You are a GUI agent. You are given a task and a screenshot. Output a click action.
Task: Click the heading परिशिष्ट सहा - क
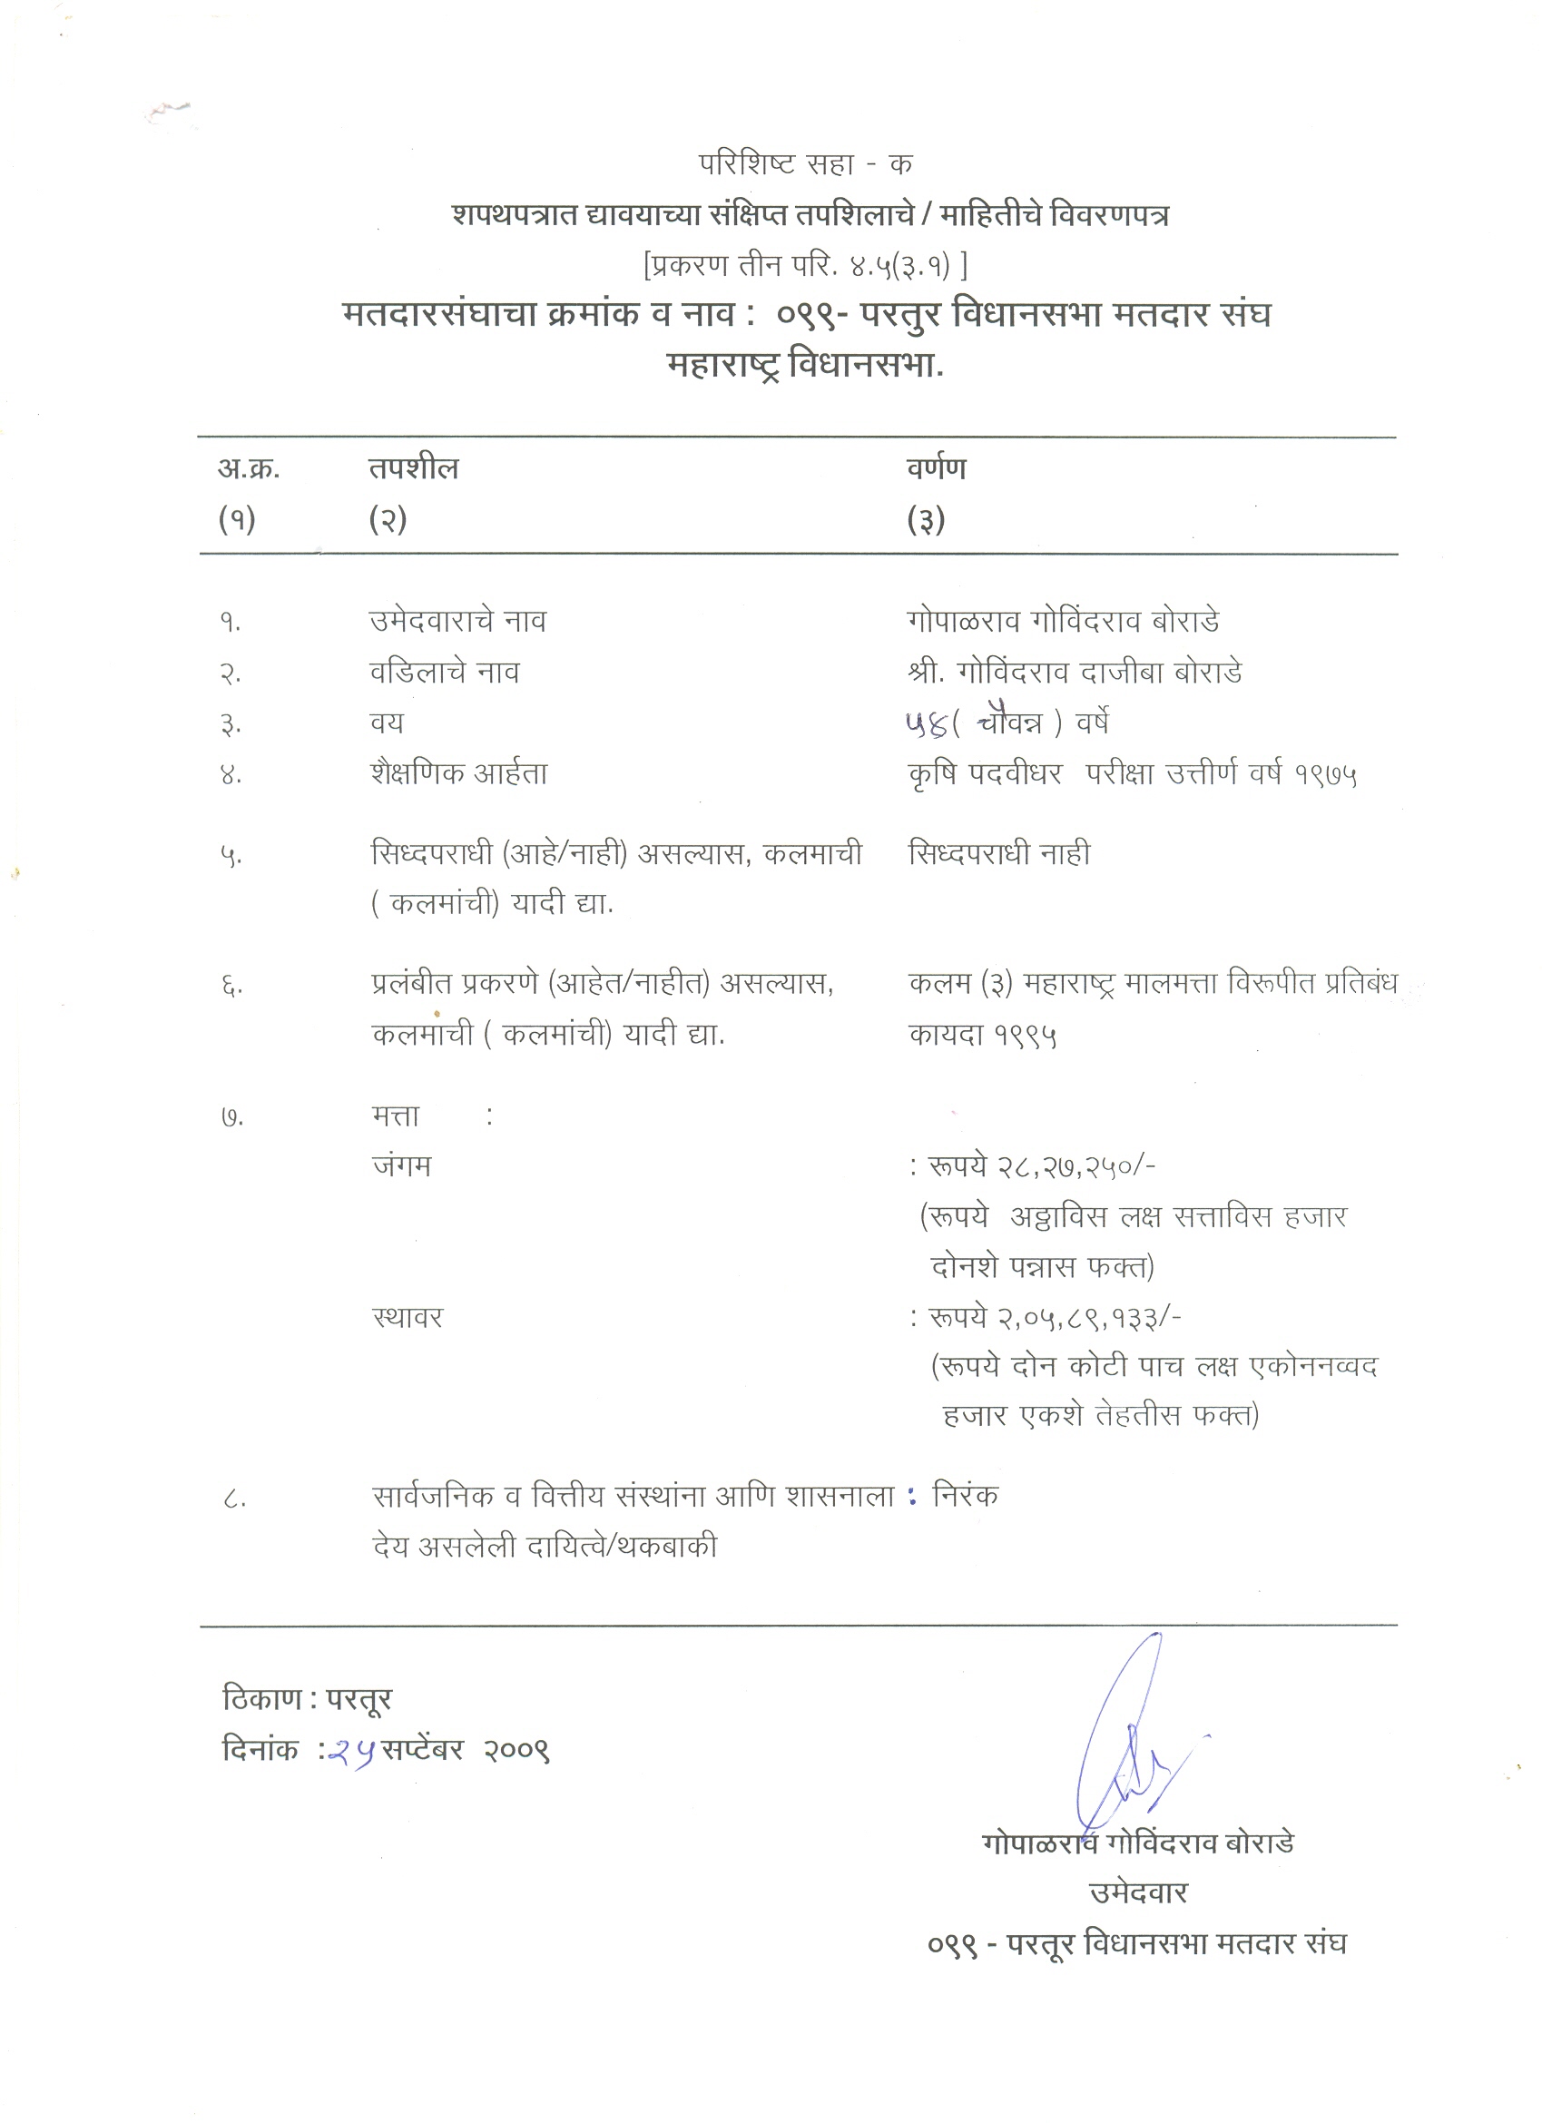(x=805, y=165)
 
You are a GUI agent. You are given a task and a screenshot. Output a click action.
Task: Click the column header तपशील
(x=413, y=468)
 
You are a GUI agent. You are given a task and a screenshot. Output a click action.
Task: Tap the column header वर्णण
(x=936, y=468)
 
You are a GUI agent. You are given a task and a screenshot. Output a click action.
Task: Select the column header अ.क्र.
(x=248, y=468)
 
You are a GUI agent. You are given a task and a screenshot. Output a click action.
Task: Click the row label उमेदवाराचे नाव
(x=457, y=621)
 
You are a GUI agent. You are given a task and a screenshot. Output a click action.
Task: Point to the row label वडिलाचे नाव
(x=444, y=672)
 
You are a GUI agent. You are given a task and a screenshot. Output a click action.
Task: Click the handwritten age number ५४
(x=926, y=722)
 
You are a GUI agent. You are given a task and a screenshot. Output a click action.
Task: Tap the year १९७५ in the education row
(x=1326, y=774)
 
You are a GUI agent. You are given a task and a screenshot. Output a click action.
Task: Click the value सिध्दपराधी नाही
(x=999, y=854)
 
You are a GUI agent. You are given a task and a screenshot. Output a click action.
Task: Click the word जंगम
(x=402, y=1166)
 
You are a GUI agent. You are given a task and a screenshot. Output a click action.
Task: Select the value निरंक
(x=966, y=1496)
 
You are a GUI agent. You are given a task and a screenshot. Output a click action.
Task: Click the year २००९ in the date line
(x=516, y=1751)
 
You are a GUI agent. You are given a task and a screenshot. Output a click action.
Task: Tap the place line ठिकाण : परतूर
(x=307, y=1698)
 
